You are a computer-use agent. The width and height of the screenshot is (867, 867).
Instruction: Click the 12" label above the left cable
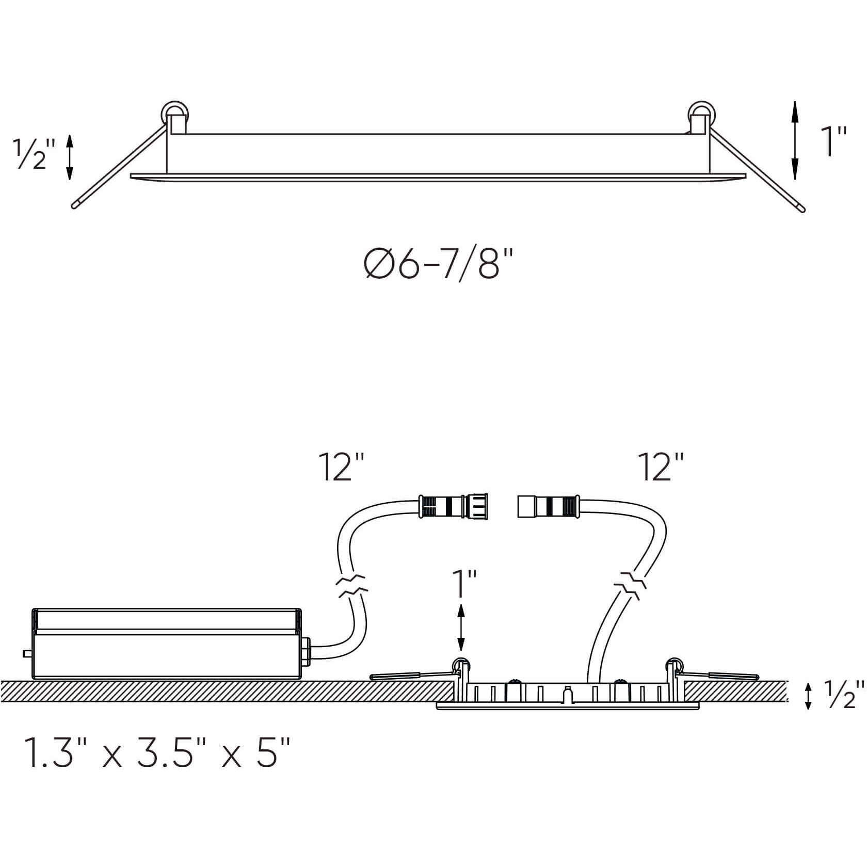point(342,467)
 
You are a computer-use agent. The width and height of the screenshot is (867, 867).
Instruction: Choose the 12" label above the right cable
point(661,467)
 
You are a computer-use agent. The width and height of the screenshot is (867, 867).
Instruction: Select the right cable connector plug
point(549,506)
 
